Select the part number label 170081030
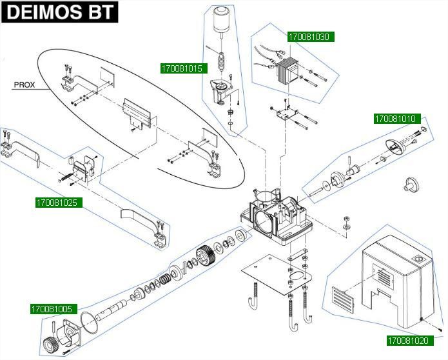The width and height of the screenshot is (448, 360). (308, 37)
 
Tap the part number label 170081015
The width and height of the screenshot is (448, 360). (181, 68)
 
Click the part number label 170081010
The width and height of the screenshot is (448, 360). (396, 119)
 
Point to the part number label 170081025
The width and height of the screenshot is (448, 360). (56, 203)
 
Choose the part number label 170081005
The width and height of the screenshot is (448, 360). (52, 309)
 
